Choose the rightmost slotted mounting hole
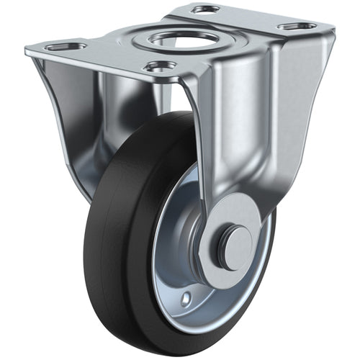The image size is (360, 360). coord(297,26)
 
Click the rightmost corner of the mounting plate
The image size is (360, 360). coord(333,30)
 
